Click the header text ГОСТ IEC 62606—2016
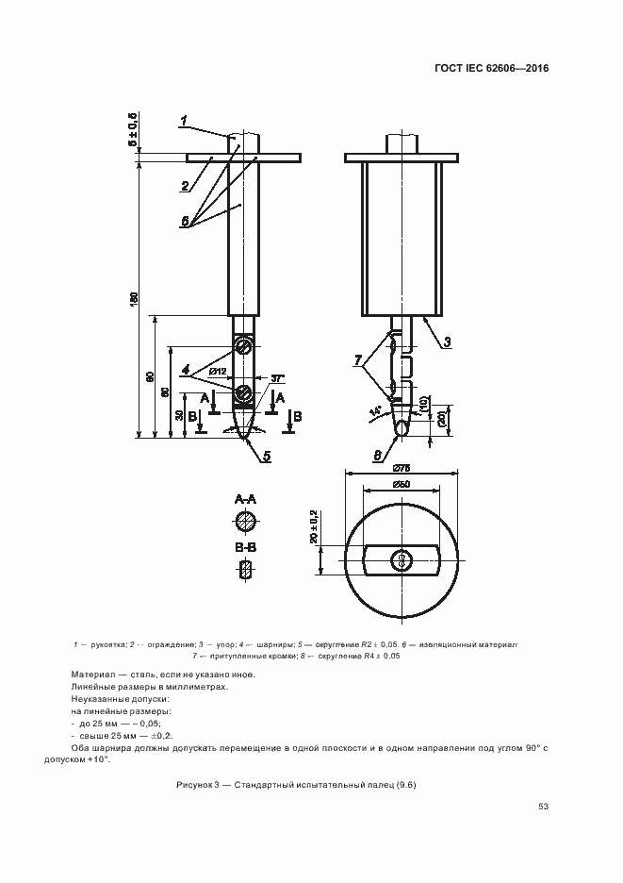tap(490, 69)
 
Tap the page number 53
tap(543, 806)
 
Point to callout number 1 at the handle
tap(185, 120)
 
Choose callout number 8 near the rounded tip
tap(378, 455)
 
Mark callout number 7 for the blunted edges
tap(359, 360)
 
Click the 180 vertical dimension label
tap(135, 297)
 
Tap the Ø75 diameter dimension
tap(401, 468)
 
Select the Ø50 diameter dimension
tap(401, 485)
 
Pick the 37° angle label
tap(278, 379)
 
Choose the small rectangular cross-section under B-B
tap(245, 569)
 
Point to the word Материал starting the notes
tap(92, 674)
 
